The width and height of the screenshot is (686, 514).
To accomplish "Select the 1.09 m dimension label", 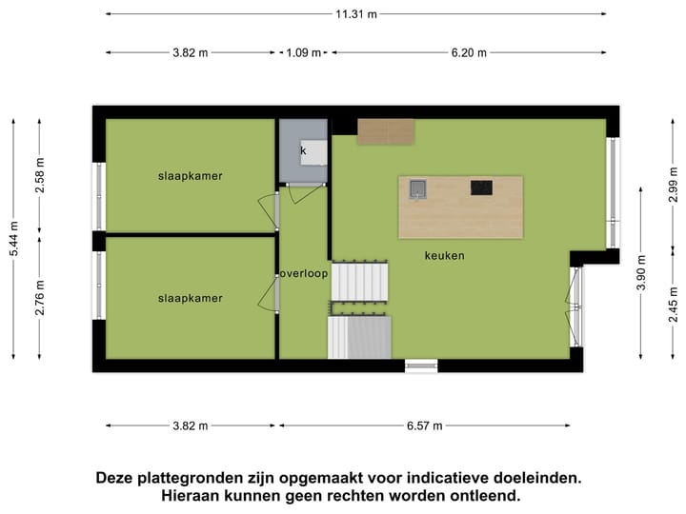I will click(304, 53).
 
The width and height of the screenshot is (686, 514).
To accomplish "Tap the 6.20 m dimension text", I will click(468, 53).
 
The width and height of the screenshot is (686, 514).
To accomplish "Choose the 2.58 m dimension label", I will click(40, 175).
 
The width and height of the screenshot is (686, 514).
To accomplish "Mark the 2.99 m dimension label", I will click(673, 185).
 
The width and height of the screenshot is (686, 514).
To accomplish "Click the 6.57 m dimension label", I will click(424, 425).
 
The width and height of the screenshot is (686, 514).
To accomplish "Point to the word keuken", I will click(445, 256).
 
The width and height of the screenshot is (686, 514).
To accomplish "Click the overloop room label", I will click(304, 274).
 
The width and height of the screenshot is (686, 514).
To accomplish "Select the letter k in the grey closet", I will click(304, 150).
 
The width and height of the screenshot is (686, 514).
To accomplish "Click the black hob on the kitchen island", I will click(481, 188).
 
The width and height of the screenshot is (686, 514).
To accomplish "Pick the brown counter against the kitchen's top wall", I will click(386, 132).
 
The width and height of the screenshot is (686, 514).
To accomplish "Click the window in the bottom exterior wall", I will click(421, 365).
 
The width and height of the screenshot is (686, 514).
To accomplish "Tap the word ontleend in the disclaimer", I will click(479, 496).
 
